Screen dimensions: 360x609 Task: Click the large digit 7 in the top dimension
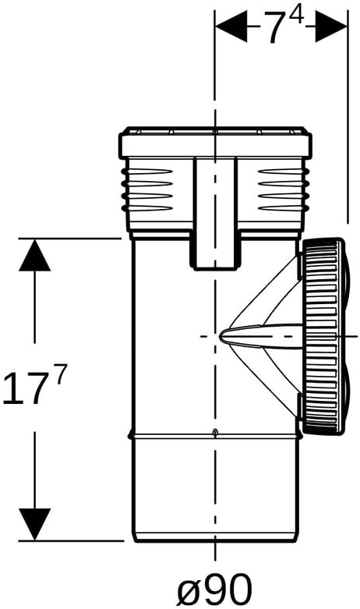coord(277,28)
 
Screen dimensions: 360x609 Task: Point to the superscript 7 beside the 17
coord(61,374)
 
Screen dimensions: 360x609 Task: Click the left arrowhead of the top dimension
coord(231,27)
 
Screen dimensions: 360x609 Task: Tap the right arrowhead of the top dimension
coord(330,27)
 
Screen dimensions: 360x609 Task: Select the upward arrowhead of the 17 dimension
coord(34,255)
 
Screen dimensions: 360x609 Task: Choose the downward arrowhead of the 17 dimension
coord(34,524)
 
